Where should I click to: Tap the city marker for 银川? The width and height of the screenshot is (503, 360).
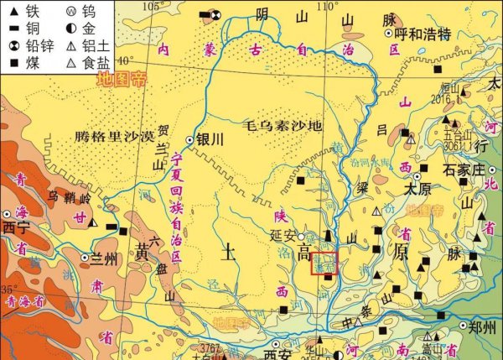click(190, 140)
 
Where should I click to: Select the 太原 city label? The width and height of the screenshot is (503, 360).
click(418, 190)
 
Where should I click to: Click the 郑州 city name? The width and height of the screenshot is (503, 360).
click(484, 328)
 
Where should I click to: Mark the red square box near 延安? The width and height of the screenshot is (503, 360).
click(324, 263)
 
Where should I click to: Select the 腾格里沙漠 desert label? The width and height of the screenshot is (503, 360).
click(114, 135)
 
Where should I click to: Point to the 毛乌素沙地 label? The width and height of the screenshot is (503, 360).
click(283, 128)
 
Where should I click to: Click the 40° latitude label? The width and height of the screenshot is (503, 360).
click(125, 60)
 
